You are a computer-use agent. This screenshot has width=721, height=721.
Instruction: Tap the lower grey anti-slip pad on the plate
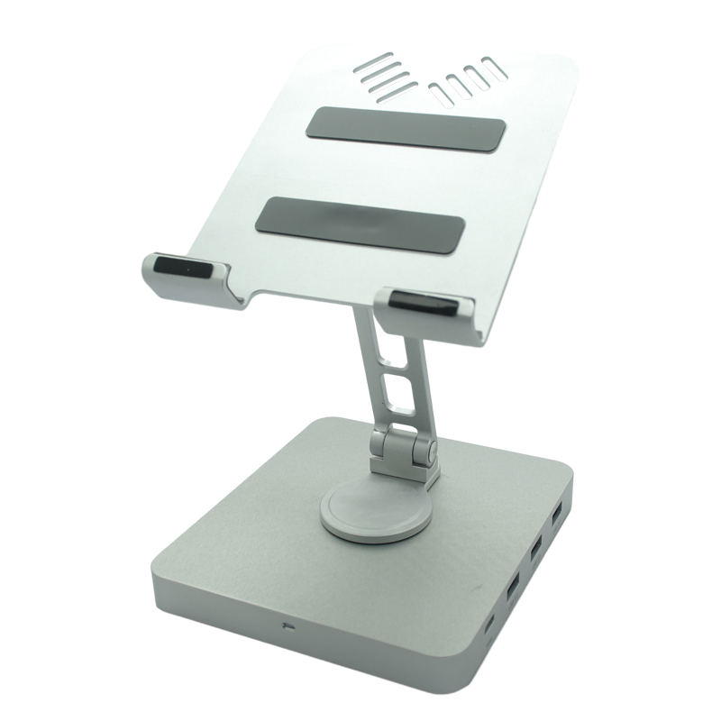click(x=360, y=223)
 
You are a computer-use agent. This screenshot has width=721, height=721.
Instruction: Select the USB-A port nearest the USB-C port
click(x=513, y=590)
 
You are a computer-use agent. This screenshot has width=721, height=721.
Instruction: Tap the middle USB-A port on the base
click(x=535, y=547)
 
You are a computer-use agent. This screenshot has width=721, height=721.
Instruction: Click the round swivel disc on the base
click(x=366, y=508)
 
